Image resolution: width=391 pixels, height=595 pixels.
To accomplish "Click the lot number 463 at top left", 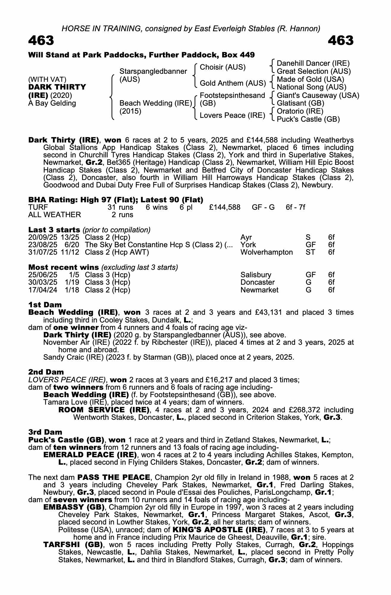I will [x=41, y=40].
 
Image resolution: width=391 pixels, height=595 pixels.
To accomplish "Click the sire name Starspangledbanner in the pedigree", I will [x=153, y=71].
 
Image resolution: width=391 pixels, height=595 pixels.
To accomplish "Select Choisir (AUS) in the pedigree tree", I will [x=223, y=67].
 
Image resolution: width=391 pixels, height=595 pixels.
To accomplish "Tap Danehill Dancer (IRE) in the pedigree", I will [x=313, y=63].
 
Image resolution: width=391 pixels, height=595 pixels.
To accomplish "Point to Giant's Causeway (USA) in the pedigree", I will [x=318, y=95].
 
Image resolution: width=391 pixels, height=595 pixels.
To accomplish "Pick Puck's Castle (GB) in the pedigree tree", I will [x=308, y=119].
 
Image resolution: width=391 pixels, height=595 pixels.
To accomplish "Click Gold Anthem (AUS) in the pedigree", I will [x=233, y=83].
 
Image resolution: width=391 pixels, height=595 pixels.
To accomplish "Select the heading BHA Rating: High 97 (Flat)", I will [x=116, y=200].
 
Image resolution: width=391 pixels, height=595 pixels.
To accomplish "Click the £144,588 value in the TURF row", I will [x=224, y=207].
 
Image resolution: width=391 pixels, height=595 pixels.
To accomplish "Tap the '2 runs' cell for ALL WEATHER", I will [x=123, y=215].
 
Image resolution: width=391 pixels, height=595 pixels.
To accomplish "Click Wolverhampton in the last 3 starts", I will [x=266, y=252].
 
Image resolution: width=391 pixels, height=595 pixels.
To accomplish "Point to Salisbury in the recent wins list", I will [x=256, y=275].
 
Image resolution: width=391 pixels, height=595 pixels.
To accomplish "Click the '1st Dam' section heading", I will [x=45, y=305].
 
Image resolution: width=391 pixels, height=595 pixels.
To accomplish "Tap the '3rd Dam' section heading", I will [x=45, y=432].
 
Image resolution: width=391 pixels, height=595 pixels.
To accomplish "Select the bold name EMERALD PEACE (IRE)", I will [x=90, y=455].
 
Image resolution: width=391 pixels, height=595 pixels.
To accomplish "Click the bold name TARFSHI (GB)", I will [x=73, y=545].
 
